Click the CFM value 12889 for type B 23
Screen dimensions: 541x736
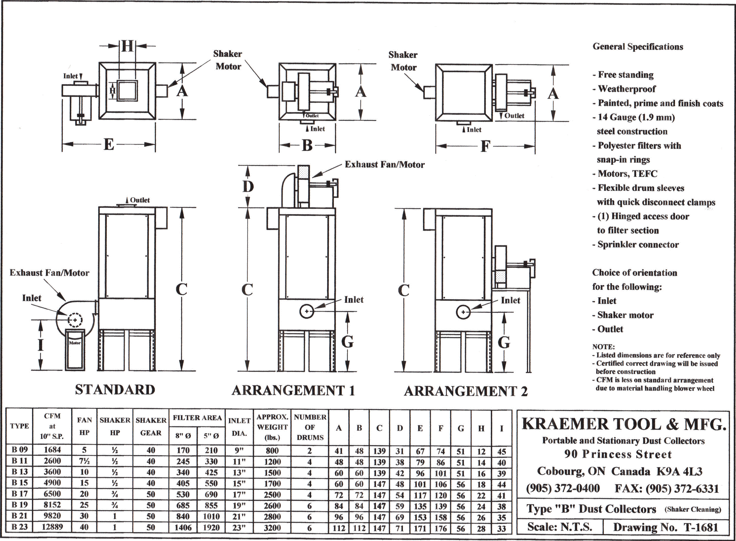52,527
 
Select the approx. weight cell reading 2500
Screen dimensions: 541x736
272,494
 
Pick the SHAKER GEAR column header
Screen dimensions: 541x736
151,426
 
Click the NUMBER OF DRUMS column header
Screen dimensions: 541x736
310,427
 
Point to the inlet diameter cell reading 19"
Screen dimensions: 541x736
239,506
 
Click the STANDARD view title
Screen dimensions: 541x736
115,390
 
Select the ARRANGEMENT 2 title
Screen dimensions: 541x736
465,391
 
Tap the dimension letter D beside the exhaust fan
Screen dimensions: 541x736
248,187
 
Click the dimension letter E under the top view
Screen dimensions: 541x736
109,144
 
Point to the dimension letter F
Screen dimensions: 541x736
485,146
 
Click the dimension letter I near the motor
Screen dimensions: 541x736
41,344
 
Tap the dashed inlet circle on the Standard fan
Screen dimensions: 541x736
75,320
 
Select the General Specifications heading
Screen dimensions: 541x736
638,47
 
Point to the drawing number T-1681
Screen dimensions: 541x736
665,527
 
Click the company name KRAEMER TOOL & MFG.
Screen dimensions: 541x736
624,425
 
